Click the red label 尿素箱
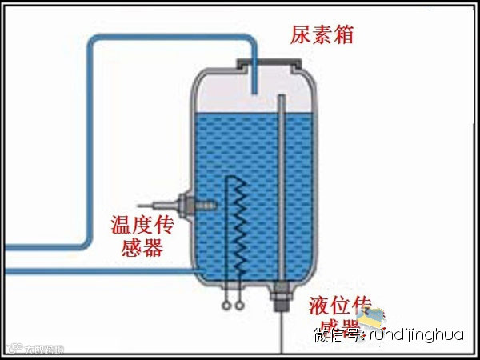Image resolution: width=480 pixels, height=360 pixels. (x=322, y=35)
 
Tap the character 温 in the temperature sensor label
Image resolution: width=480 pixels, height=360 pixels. (x=120, y=223)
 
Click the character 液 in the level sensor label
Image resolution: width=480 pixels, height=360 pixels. (x=320, y=305)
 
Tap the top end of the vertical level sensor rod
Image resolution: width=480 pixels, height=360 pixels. (x=281, y=98)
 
